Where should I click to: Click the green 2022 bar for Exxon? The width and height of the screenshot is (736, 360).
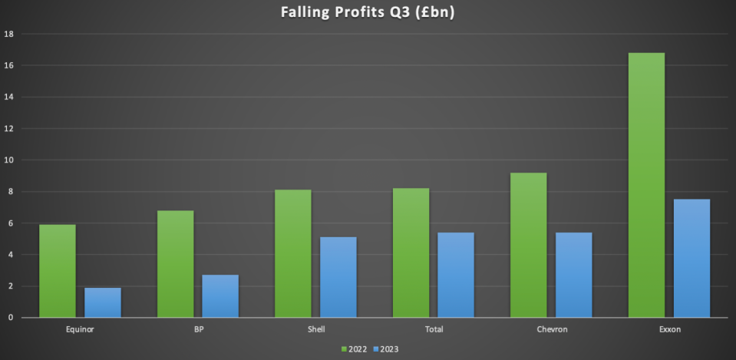click(x=646, y=185)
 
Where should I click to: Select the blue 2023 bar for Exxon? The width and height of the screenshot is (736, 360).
click(x=691, y=258)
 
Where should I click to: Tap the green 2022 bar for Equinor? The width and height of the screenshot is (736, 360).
click(x=58, y=271)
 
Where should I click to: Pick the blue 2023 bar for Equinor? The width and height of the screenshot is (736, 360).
click(x=103, y=302)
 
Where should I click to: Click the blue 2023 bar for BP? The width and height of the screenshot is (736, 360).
click(x=220, y=296)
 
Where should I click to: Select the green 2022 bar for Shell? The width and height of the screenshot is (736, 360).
click(x=292, y=253)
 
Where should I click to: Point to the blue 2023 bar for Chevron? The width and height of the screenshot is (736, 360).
click(x=574, y=275)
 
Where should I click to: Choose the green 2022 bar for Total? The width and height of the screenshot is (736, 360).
click(x=411, y=253)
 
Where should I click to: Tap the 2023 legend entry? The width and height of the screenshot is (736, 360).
click(x=386, y=349)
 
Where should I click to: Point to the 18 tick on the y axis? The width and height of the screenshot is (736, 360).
click(x=8, y=34)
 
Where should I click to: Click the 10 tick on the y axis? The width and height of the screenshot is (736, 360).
click(x=8, y=160)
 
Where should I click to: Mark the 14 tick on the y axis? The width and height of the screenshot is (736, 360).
click(x=8, y=97)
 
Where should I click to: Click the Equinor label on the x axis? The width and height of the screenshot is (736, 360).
click(x=81, y=329)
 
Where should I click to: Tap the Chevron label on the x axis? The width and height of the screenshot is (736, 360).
click(x=551, y=329)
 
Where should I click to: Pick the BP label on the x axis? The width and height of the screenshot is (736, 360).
click(x=198, y=329)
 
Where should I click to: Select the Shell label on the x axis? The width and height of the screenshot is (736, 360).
click(x=315, y=329)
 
